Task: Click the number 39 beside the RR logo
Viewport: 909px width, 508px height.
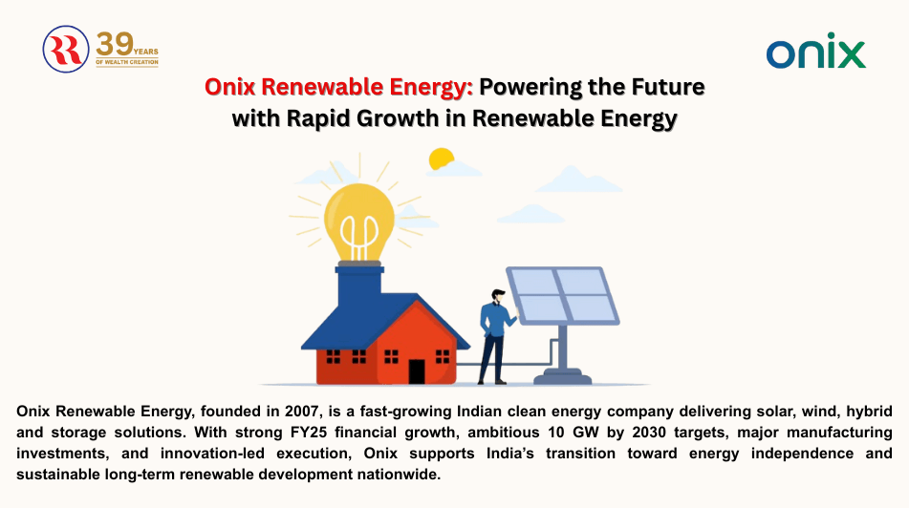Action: (116, 43)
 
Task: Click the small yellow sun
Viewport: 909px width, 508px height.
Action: (441, 159)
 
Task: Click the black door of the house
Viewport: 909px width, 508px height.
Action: (417, 370)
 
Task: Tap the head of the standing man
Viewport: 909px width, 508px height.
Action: (497, 297)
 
